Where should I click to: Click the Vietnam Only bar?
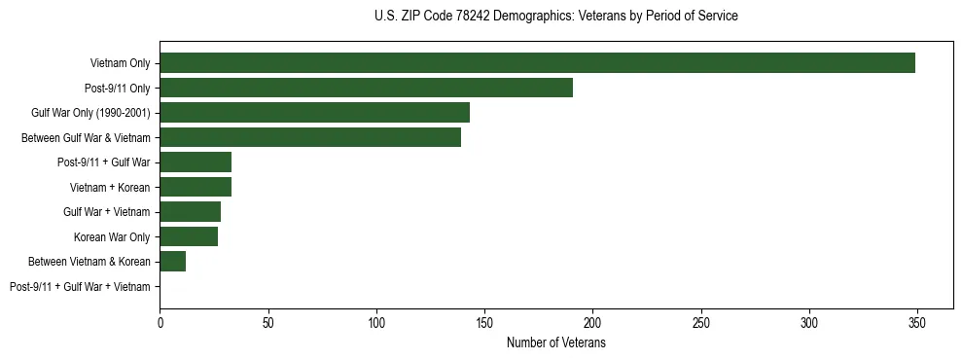[x=537, y=63]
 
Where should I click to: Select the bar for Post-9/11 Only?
[x=366, y=88]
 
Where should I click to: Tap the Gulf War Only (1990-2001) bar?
[x=314, y=113]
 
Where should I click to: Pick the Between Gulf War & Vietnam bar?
[x=310, y=137]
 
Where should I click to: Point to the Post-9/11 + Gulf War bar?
[x=196, y=162]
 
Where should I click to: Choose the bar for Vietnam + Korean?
[x=196, y=187]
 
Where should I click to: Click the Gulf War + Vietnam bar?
[x=191, y=212]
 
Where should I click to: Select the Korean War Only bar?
[x=189, y=236]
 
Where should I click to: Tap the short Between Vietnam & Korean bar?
[x=173, y=262]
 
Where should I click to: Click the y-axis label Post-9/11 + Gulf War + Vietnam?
[x=80, y=287]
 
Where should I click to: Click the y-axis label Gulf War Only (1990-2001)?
[x=90, y=113]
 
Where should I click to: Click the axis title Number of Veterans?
[x=556, y=343]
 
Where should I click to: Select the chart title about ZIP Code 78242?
[x=556, y=17]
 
